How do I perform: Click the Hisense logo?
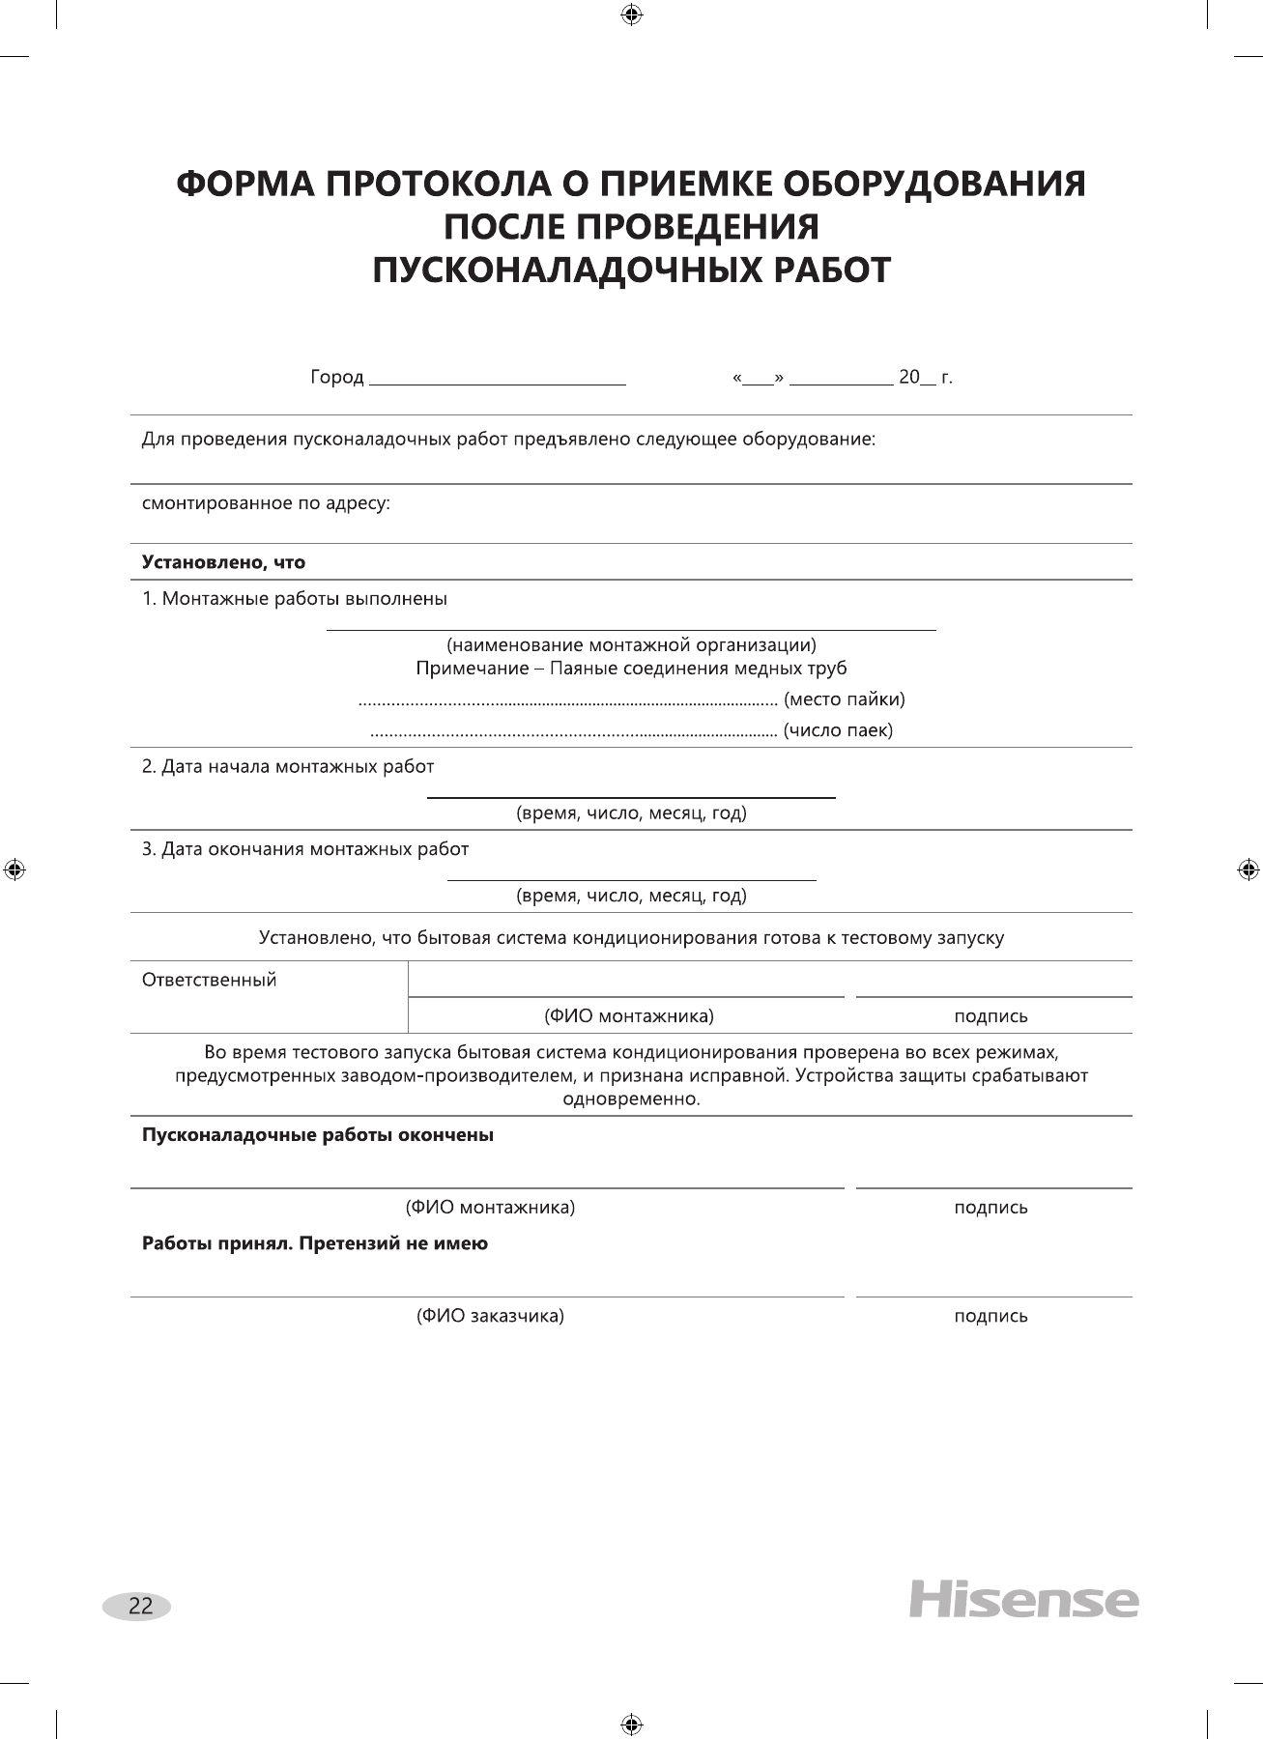[x=1023, y=1600]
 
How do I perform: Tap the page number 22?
[x=139, y=1606]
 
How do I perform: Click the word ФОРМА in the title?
[x=244, y=184]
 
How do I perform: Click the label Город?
[x=336, y=378]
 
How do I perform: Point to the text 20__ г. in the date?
[x=925, y=378]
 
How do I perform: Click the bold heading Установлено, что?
[x=223, y=562]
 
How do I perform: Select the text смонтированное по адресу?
[x=266, y=503]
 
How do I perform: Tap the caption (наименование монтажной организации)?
[x=631, y=644]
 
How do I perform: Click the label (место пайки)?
[x=844, y=698]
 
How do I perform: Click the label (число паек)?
[x=837, y=730]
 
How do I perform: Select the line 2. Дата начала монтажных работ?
[x=288, y=767]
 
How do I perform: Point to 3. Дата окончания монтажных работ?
[x=305, y=849]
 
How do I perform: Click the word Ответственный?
[x=209, y=980]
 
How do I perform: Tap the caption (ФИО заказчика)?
[x=490, y=1316]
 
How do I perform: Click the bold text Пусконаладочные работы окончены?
[x=317, y=1135]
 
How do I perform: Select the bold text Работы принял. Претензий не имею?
[x=314, y=1243]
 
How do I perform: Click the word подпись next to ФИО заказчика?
[x=990, y=1316]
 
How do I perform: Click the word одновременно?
[x=631, y=1099]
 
